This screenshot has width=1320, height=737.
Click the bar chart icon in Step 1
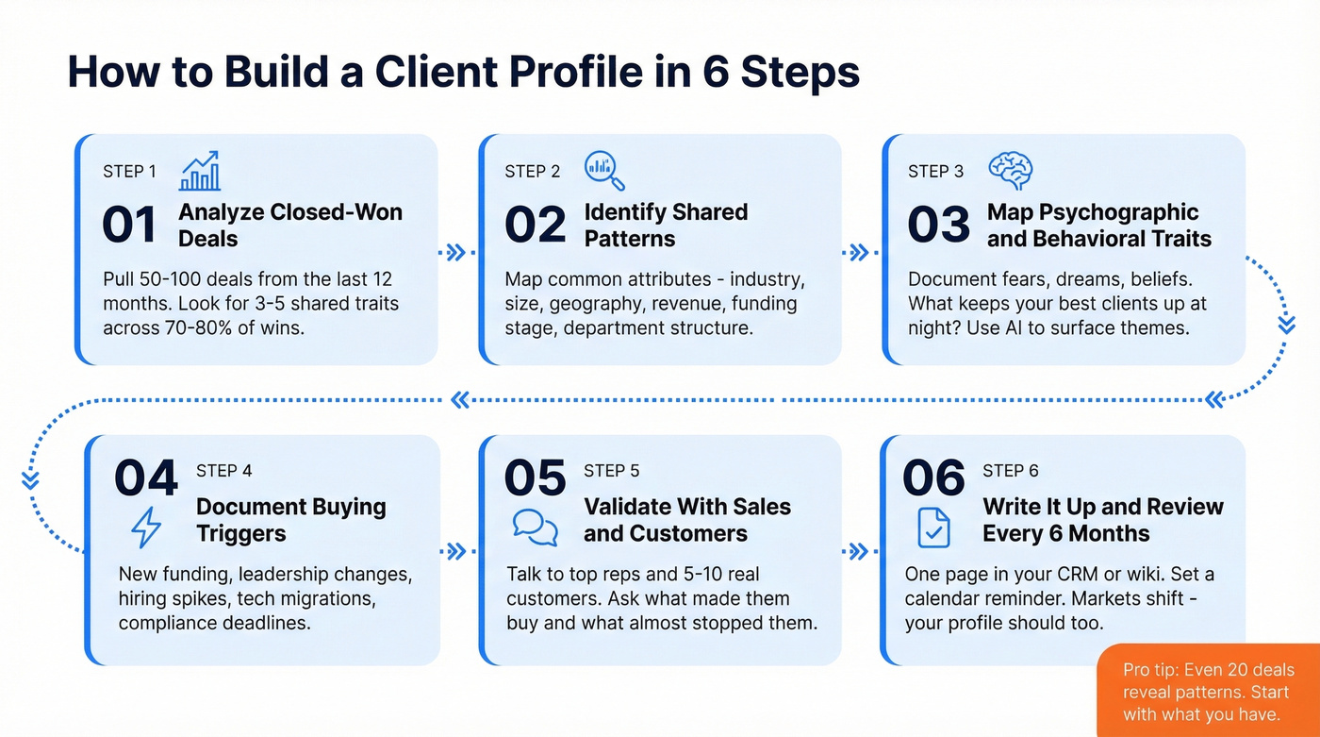pos(200,171)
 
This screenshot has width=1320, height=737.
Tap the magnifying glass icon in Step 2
pos(604,171)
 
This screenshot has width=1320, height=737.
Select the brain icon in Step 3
pos(1010,171)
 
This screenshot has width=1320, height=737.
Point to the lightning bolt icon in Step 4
pos(145,527)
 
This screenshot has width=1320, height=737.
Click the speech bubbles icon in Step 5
pos(536,527)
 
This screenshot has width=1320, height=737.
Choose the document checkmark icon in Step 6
pos(933,527)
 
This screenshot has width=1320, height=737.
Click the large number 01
pos(129,226)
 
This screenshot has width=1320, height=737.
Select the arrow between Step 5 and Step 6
pos(858,551)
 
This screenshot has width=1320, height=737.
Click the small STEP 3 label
pos(935,171)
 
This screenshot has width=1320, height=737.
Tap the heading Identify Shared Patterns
pos(666,226)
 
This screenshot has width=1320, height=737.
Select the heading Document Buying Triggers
pos(290,520)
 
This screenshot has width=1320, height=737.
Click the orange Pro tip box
pos(1209,691)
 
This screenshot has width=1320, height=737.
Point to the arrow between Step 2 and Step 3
pos(859,252)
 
